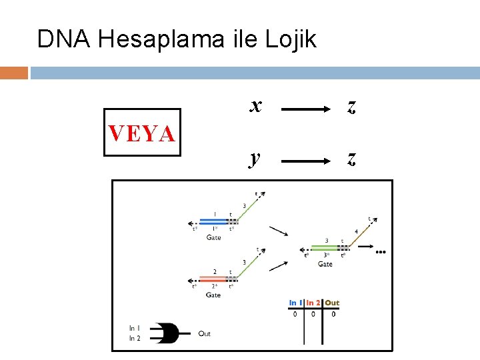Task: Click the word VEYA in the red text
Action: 142,133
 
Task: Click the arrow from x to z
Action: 304,107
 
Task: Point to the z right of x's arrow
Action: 351,107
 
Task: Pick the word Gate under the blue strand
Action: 213,237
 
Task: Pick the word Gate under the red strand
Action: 213,295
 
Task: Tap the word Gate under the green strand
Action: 325,264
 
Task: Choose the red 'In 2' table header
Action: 313,303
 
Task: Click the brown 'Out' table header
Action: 333,303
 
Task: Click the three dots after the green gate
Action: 381,252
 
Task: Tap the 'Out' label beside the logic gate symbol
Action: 204,333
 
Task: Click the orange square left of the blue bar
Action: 13,73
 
